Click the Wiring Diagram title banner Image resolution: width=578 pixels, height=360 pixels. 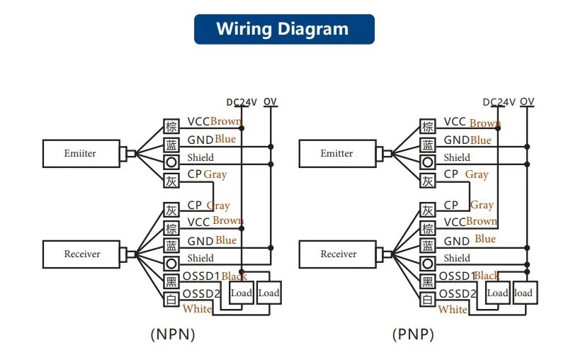coord(283,29)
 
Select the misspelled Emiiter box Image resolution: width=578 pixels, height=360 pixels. coord(80,153)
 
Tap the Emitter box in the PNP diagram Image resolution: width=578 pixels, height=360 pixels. coord(336,153)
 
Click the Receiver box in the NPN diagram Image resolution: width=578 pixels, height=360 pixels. coord(82,254)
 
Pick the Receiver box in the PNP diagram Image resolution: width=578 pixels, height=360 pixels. coord(339,254)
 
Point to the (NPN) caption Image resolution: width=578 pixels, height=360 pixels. coord(172,334)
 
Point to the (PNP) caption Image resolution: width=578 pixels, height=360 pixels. coord(412,334)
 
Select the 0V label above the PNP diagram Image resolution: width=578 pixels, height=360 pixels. coord(526,102)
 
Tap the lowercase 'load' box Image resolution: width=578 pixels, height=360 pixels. coord(523,293)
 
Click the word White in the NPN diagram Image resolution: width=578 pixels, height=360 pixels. coord(197,309)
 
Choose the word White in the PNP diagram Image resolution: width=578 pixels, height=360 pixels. coord(453,310)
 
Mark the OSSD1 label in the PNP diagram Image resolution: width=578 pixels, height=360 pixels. coord(457,276)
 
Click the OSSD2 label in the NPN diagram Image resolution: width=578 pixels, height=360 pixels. coord(202,293)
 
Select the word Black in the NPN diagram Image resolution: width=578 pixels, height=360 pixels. coord(234,276)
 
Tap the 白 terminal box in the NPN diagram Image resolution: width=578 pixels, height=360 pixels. coord(171,300)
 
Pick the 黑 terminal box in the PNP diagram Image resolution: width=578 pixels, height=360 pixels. coord(427,282)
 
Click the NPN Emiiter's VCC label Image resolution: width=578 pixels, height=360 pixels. coord(198,122)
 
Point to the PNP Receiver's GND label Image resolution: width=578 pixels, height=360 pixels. coord(457,242)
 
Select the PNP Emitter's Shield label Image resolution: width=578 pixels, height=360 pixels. coord(457,157)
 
